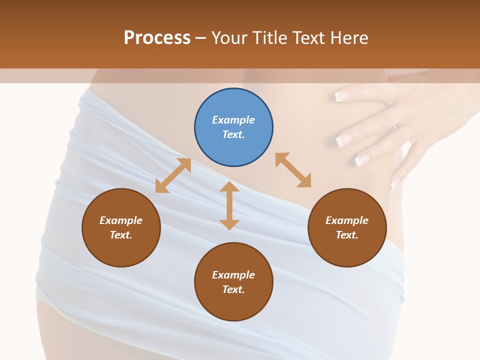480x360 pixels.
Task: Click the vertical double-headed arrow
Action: [x=229, y=205]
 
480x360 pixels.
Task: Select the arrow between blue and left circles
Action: [x=173, y=175]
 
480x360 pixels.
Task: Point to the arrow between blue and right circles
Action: [x=293, y=170]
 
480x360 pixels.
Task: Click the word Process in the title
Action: [x=157, y=37]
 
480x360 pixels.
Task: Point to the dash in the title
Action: [x=201, y=38]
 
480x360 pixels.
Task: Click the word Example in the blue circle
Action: [x=233, y=120]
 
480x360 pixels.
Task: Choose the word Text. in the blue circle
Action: [x=233, y=134]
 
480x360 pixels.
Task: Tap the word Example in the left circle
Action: [x=121, y=220]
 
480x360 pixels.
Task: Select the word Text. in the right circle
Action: [x=347, y=235]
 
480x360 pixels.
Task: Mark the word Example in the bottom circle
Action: [x=233, y=275]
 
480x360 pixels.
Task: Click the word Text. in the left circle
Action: [x=121, y=235]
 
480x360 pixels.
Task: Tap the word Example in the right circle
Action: [x=347, y=220]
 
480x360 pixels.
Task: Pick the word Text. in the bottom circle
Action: [x=233, y=289]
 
